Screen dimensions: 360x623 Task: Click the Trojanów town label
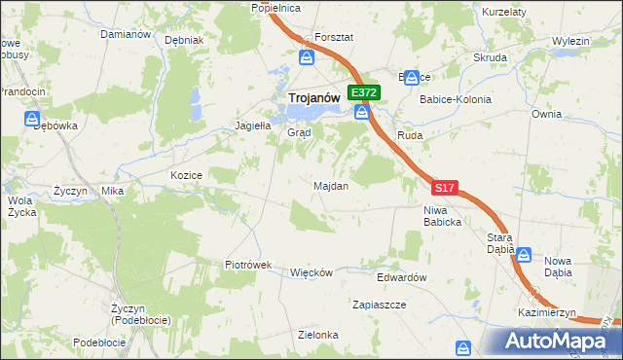[313, 97]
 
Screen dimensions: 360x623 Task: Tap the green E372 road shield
[364, 92]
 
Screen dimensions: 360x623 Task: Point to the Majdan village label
[331, 186]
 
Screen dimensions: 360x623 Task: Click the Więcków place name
[311, 272]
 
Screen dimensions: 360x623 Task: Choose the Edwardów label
[402, 277]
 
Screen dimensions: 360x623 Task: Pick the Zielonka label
[318, 335]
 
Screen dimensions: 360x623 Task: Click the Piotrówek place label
[247, 265]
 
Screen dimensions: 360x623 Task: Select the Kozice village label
[186, 175]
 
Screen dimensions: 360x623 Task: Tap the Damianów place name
[126, 34]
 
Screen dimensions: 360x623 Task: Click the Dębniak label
[184, 41]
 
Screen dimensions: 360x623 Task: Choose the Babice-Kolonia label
[455, 99]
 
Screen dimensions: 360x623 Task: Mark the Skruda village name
[490, 57]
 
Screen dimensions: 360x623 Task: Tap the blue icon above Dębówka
[32, 119]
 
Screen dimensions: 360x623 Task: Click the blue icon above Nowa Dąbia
[524, 254]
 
